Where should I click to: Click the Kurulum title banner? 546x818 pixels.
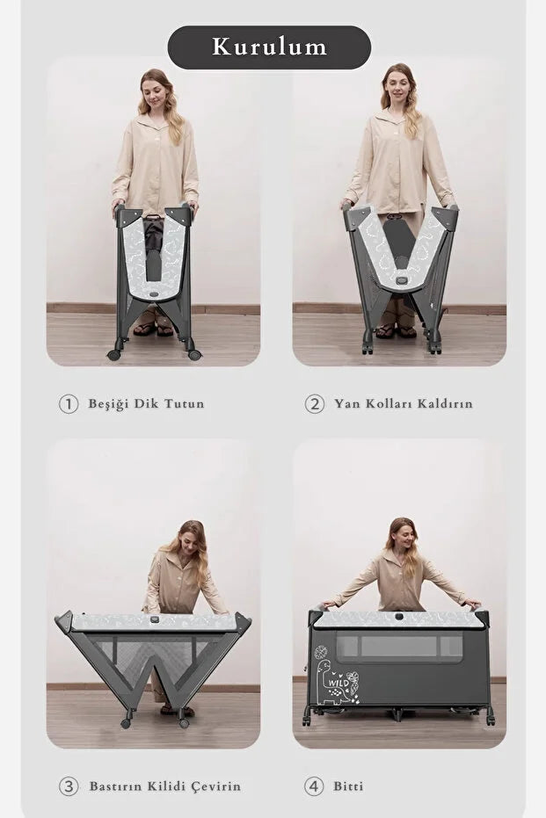269,47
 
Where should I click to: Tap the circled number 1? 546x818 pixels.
69,404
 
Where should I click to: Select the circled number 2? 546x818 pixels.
315,404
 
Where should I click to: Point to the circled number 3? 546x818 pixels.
69,785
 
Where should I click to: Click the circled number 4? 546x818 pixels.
315,785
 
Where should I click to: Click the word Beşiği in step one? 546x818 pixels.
107,404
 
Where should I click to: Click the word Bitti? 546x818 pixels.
348,785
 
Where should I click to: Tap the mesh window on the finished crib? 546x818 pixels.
399,648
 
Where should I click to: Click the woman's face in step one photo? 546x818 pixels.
155,89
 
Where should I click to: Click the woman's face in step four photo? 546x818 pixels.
400,536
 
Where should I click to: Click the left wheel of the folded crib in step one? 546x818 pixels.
114,355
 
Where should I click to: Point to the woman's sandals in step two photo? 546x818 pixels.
394,331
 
